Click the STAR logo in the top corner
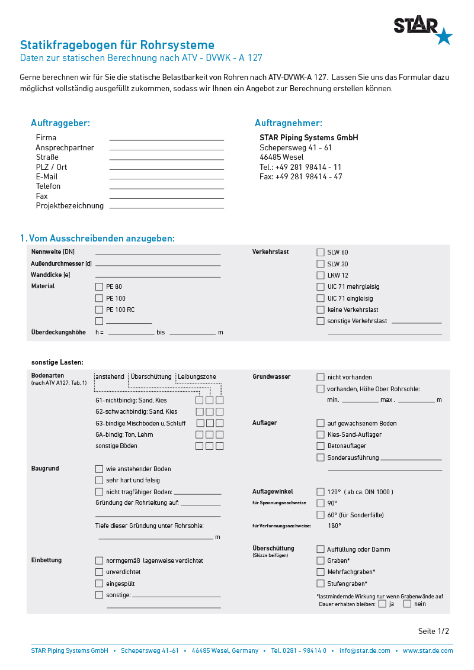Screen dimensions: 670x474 [422, 30]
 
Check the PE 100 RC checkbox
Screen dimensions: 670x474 [99, 310]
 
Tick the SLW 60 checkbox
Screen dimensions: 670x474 [321, 252]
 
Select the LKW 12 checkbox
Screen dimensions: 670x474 [321, 275]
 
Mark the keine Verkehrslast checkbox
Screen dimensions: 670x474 [321, 310]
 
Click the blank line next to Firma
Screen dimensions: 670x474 [166, 140]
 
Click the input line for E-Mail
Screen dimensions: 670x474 [166, 179]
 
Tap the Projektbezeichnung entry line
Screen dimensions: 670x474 [166, 208]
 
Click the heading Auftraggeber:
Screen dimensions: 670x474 [60, 123]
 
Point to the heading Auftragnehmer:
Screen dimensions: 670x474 [289, 123]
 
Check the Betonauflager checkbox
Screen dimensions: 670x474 [321, 446]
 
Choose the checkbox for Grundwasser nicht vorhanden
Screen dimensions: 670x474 [321, 377]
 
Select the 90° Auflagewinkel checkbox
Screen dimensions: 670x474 [321, 503]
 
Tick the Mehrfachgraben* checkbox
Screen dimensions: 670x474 [321, 572]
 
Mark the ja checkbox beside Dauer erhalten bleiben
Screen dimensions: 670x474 [382, 604]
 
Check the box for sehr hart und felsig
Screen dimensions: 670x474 [99, 480]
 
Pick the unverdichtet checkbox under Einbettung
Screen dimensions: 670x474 [99, 572]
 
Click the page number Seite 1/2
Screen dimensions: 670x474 [433, 631]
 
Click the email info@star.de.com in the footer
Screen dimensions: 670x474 [364, 650]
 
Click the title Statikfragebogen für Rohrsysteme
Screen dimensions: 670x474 [117, 45]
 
